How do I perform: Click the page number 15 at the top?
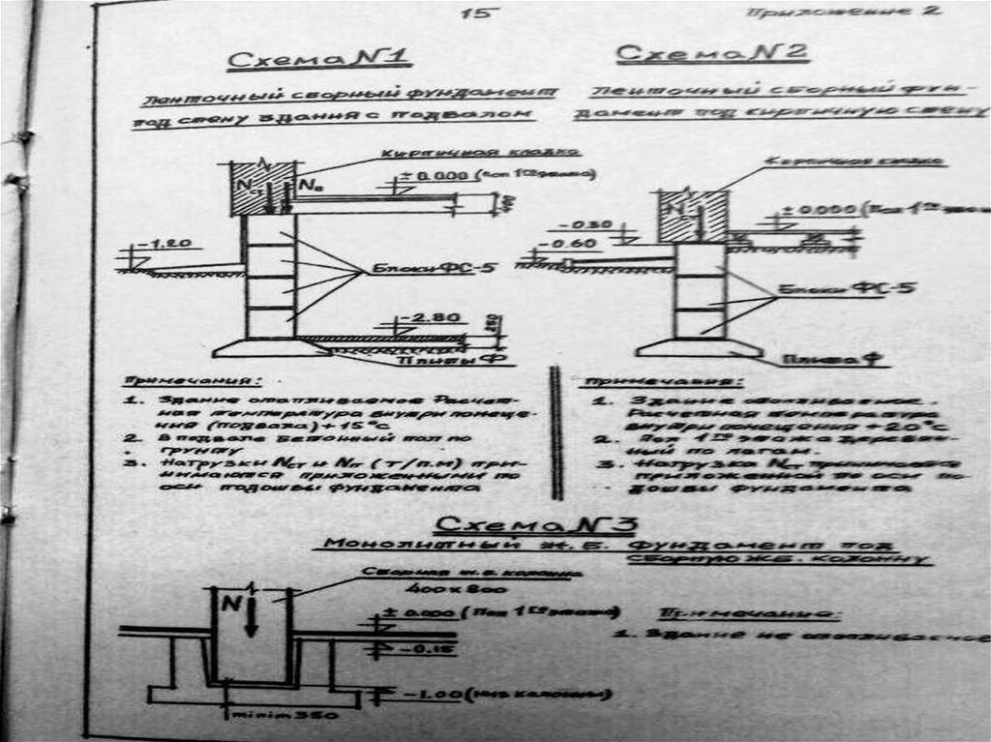pyautogui.click(x=478, y=14)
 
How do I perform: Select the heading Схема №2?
pyautogui.click(x=711, y=54)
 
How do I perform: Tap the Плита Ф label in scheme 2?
pyautogui.click(x=833, y=360)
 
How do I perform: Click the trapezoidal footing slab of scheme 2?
pyautogui.click(x=698, y=346)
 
